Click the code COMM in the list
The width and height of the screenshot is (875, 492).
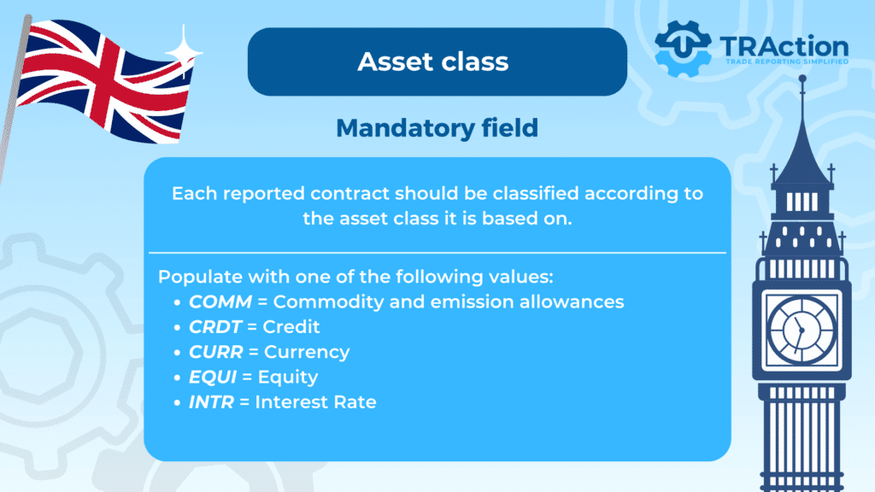[x=220, y=302]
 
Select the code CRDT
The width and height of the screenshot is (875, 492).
[x=215, y=327]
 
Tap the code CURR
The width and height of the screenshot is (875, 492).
[x=216, y=352]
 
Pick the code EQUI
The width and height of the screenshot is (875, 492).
[x=213, y=377]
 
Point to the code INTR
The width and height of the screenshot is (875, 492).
[x=212, y=402]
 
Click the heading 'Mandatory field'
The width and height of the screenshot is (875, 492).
[x=437, y=128]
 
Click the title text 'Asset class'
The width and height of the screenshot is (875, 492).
[x=433, y=61]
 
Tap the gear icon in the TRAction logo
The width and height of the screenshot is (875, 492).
[x=683, y=49]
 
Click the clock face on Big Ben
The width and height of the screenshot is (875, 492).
[x=802, y=331]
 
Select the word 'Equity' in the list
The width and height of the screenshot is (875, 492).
[x=288, y=378]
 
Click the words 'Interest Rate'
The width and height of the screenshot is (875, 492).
[x=316, y=402]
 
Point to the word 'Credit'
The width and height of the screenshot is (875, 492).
[x=291, y=327]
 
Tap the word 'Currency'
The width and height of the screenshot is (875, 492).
[x=307, y=353]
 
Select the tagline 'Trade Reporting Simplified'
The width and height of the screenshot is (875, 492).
[x=787, y=61]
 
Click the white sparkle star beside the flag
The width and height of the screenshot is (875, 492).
[x=184, y=52]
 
